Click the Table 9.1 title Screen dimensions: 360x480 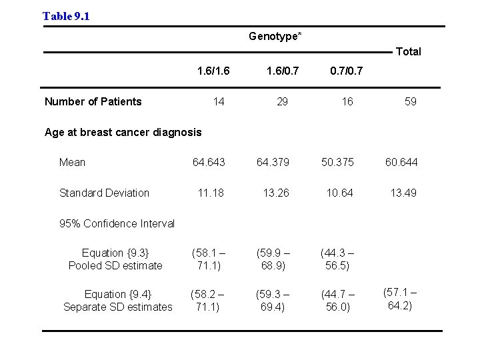pos(66,16)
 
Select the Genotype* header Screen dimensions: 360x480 pos(275,36)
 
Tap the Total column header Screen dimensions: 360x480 pos(409,51)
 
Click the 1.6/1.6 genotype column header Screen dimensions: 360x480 pos(213,70)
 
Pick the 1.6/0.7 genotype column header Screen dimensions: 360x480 pos(283,70)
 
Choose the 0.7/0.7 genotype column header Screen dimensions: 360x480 pos(347,70)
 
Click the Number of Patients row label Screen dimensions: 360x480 pos(93,101)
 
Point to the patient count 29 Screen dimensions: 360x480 pos(283,101)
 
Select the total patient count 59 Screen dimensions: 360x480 pos(411,101)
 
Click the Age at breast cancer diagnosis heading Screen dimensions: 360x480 pos(123,132)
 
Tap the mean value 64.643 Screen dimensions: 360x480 pos(209,162)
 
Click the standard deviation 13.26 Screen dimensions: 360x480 pos(277,193)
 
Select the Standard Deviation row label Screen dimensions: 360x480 pos(104,193)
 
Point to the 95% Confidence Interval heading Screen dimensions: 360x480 pos(117,223)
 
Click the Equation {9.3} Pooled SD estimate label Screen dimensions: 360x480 pos(115,259)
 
